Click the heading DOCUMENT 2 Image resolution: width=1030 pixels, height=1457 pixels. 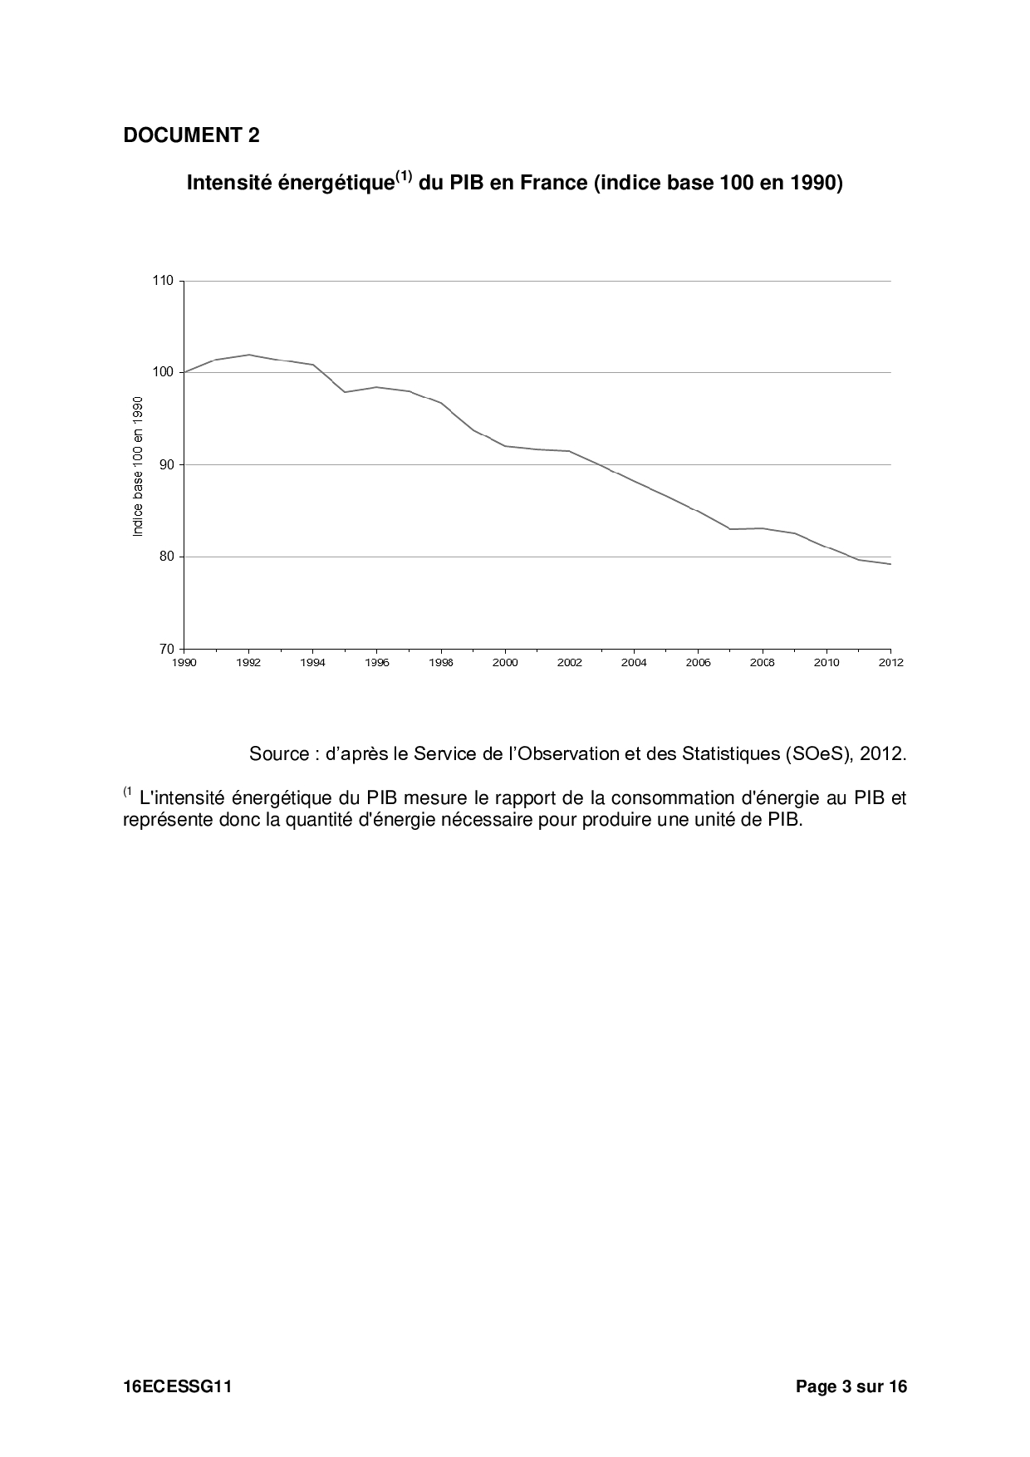coord(191,135)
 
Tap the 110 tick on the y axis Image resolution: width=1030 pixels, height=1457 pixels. coord(163,281)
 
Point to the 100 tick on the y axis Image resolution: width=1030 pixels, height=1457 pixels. coord(163,372)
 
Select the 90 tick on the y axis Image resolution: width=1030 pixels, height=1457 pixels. coord(166,464)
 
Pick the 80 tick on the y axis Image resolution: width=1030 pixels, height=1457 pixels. coord(166,557)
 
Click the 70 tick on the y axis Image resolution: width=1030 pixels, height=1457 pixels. coord(166,649)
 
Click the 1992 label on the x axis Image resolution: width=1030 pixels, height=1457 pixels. coord(248,663)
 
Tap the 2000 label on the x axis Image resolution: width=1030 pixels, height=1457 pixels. coord(505,663)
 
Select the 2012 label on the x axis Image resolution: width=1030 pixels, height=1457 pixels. coord(890,663)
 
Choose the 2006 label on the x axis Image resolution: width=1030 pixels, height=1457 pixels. coord(698,663)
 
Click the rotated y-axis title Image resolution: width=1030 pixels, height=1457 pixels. coord(139,466)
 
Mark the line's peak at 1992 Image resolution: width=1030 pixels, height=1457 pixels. coord(248,355)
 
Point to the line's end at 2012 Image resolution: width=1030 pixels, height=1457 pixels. coord(890,564)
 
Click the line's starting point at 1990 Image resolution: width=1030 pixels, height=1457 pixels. coord(184,372)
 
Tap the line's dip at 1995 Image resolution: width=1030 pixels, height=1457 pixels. coord(345,392)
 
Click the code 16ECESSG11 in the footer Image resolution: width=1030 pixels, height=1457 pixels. coord(177,1386)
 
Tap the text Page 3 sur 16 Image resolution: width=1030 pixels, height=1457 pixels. coord(851,1386)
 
